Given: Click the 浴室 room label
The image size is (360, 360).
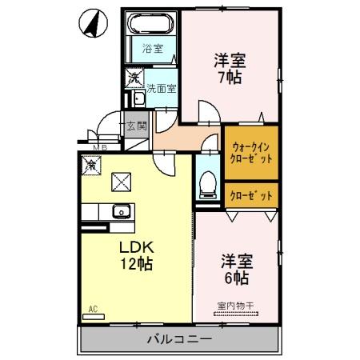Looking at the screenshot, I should point(152,48).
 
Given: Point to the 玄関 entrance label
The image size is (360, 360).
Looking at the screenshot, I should point(137,126).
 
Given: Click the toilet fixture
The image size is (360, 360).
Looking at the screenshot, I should point(207,183).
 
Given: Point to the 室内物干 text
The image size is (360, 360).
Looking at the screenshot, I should point(235,305).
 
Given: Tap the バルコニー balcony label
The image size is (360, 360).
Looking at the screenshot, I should point(179,340).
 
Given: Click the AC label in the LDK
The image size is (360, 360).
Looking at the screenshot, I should point(93,308).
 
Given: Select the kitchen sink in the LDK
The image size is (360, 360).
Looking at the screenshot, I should point(121,212).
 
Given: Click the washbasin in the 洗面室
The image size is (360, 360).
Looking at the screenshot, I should point(135,99).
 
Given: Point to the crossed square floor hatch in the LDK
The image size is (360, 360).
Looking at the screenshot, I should point(121,182).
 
